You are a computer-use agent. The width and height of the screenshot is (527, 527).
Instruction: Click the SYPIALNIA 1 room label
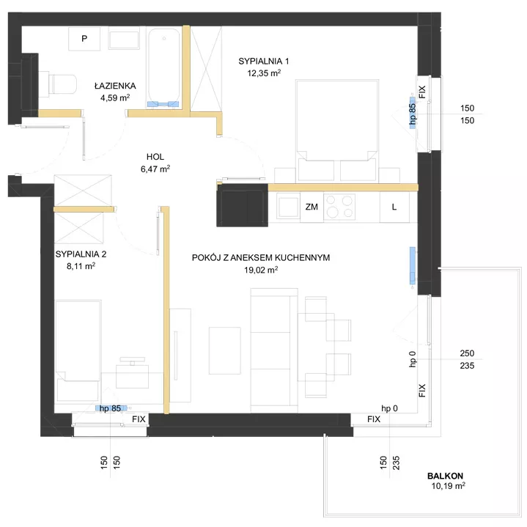tap(264, 61)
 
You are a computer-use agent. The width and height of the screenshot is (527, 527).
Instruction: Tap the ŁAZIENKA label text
tap(115, 86)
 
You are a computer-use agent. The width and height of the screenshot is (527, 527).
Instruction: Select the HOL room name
tap(155, 157)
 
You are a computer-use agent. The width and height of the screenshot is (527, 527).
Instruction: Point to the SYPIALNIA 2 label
tap(81, 254)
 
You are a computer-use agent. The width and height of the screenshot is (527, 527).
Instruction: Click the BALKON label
tap(445, 476)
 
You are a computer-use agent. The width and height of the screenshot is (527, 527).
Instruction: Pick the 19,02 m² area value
tap(261, 270)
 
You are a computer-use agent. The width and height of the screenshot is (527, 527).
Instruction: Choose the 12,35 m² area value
tap(264, 73)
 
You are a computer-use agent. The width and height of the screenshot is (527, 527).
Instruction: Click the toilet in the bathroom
tap(58, 84)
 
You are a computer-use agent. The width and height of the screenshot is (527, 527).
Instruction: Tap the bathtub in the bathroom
tap(163, 68)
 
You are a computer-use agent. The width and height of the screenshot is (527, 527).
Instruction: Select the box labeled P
tap(84, 39)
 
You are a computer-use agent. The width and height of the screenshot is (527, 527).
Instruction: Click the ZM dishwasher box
tap(312, 207)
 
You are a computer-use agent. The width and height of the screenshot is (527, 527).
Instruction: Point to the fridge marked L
tap(394, 207)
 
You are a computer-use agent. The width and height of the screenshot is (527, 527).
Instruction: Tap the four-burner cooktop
tap(339, 207)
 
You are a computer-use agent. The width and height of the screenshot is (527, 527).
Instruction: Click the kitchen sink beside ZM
tap(288, 207)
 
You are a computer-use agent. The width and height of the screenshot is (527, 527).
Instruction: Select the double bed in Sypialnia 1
tap(337, 131)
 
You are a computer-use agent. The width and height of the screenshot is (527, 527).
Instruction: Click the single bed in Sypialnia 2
tap(78, 351)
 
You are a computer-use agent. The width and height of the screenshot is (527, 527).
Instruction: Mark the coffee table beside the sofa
tap(225, 350)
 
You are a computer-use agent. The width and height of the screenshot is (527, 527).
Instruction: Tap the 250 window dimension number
tap(467, 353)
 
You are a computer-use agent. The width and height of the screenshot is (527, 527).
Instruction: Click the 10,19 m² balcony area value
tap(449, 486)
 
